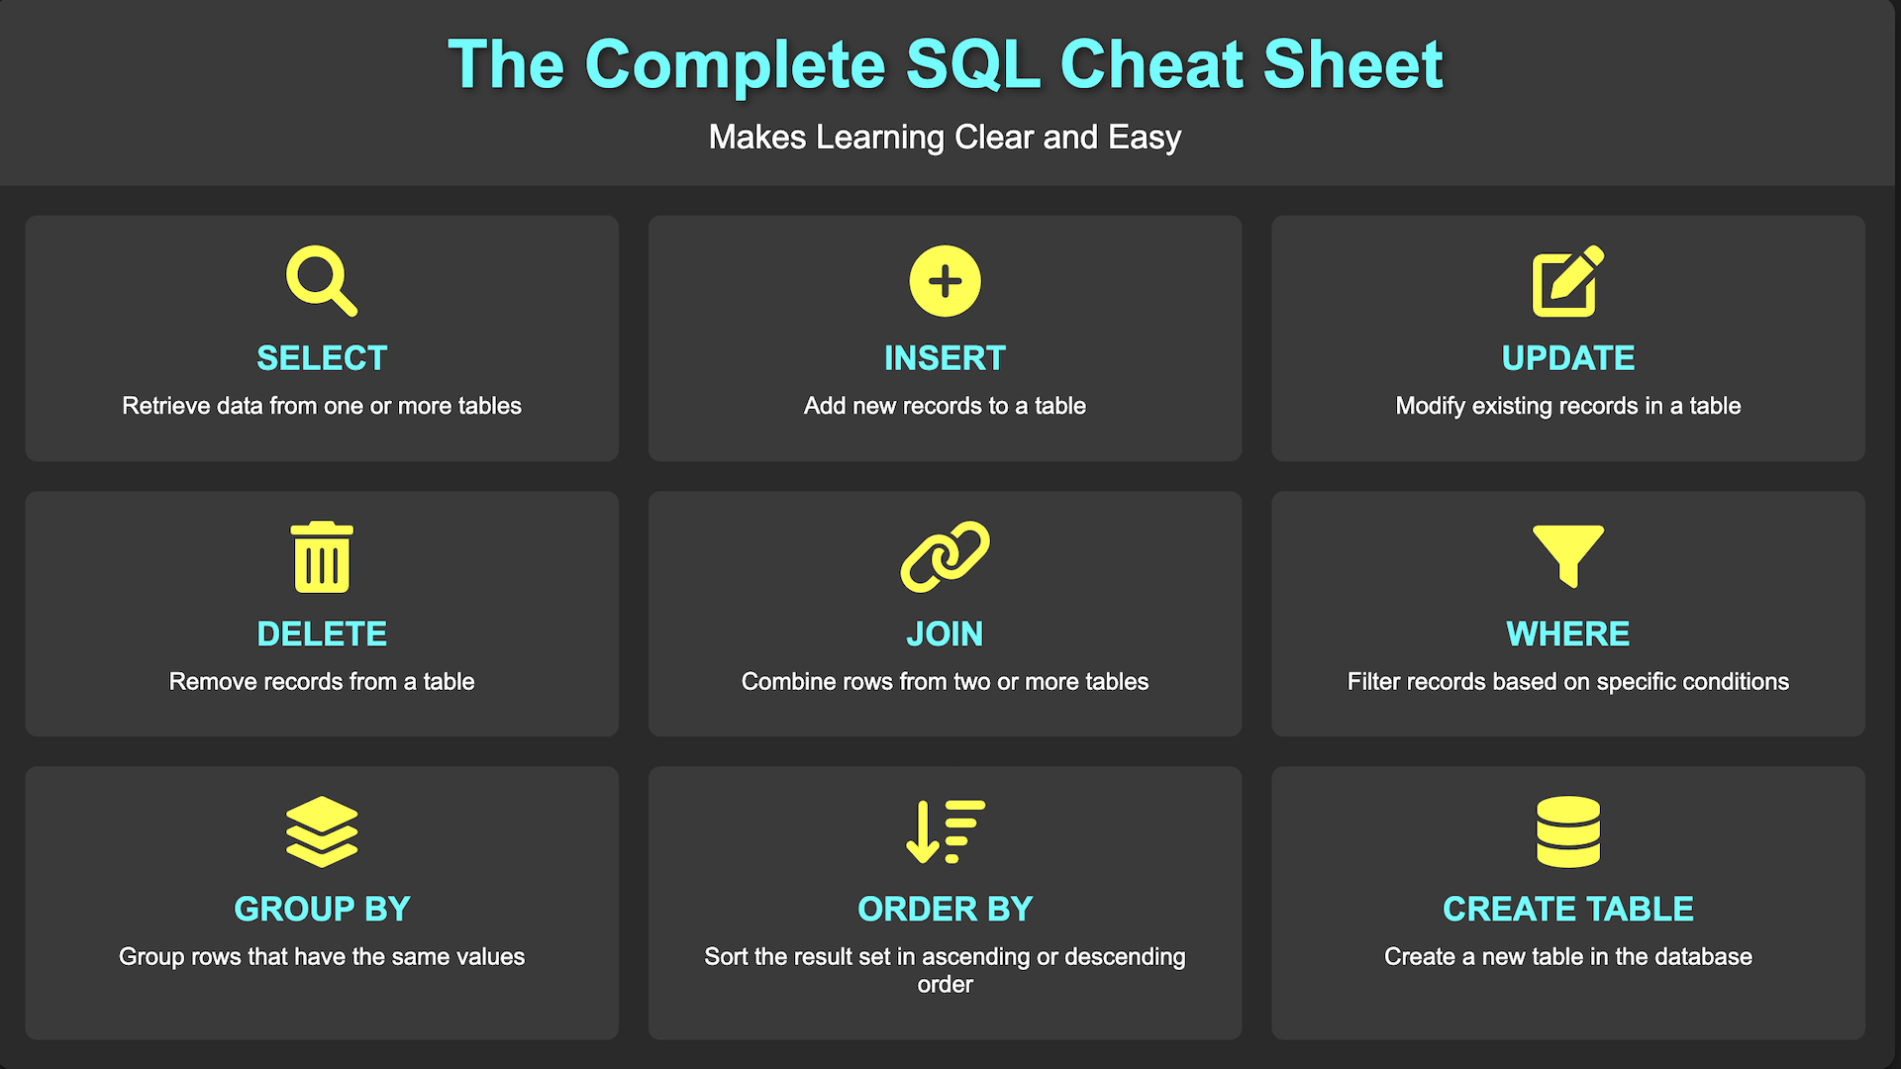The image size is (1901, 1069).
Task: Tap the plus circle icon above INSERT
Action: (x=945, y=281)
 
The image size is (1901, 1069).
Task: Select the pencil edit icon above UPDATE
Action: (x=1567, y=281)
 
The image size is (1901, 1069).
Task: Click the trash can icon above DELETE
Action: (x=322, y=556)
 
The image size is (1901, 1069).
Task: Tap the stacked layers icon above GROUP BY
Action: (x=322, y=831)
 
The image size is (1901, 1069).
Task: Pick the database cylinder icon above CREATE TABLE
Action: (x=1568, y=831)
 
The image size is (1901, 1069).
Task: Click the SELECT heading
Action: (x=322, y=358)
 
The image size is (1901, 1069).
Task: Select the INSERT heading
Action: (x=945, y=358)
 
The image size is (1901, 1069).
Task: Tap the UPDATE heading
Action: (x=1568, y=358)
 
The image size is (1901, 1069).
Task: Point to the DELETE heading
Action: (x=322, y=633)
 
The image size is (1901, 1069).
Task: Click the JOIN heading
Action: (x=945, y=633)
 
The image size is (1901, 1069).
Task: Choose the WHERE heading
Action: (x=1568, y=633)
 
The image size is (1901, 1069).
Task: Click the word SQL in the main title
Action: (x=973, y=65)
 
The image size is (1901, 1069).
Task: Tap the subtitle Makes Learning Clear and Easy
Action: (x=945, y=137)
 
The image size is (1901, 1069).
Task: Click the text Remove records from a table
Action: (x=322, y=681)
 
